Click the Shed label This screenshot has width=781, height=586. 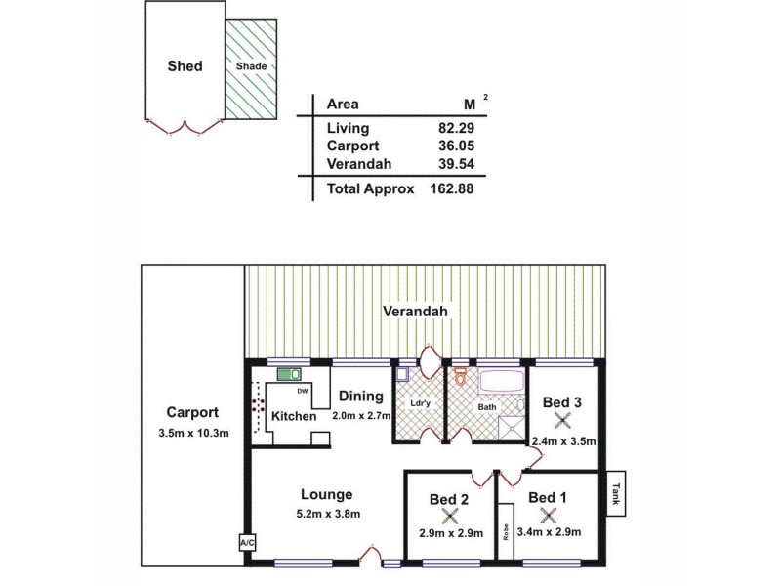(x=185, y=66)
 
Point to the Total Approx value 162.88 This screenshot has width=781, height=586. (x=451, y=188)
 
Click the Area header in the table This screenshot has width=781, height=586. (x=343, y=105)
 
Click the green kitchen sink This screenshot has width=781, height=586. (x=288, y=373)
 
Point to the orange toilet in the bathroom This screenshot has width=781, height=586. (x=460, y=376)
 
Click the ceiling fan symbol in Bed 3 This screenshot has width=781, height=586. (x=561, y=421)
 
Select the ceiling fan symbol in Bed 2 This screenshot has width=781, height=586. (x=449, y=518)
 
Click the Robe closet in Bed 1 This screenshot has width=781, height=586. (x=506, y=532)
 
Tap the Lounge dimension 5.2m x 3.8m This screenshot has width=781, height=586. (x=326, y=514)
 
